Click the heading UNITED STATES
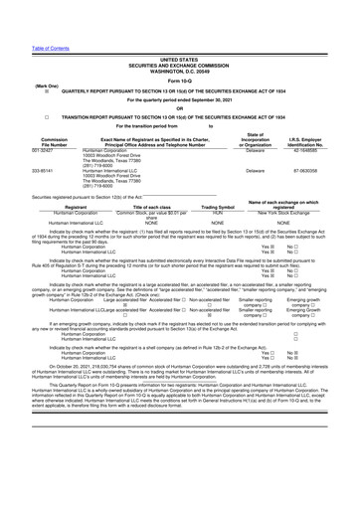click(179, 32)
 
